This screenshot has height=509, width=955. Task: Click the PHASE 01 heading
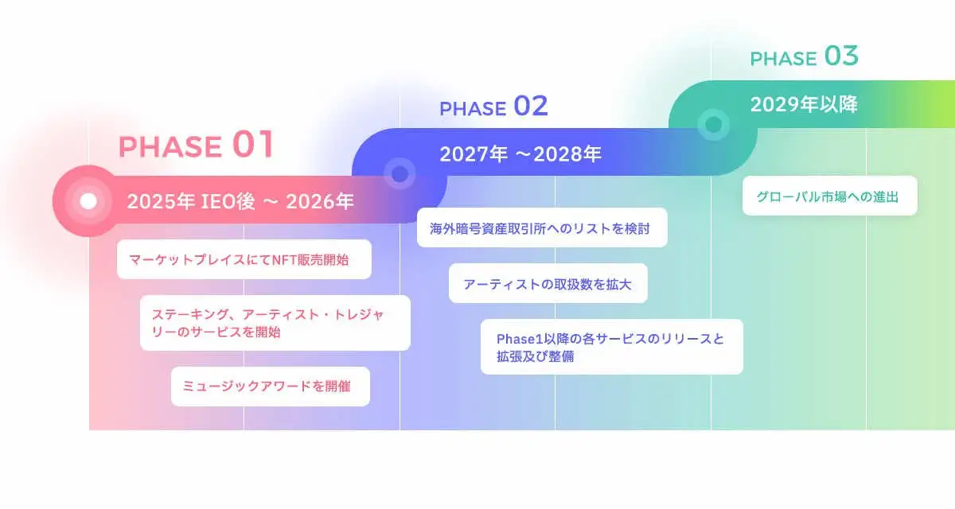pos(196,146)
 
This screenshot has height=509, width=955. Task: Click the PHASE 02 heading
pos(493,107)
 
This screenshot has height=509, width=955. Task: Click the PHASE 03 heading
pos(804,57)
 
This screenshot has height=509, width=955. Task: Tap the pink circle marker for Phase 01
pos(88,201)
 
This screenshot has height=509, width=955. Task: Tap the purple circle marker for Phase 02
pos(399,173)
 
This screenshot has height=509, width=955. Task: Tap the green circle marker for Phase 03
pos(713,124)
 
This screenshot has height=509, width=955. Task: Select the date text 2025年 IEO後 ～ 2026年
pos(240,202)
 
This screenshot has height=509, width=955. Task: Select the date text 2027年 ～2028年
pos(520,154)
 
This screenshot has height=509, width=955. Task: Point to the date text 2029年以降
pos(804,104)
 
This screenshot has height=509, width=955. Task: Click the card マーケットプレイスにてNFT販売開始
pos(244,259)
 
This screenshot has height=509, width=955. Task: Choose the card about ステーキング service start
pos(275,323)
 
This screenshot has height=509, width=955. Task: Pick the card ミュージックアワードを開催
pos(270,387)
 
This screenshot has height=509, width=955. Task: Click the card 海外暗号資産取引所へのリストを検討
pos(541,228)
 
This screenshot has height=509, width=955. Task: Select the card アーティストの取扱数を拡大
pos(548,284)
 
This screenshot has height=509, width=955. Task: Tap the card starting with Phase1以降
pos(611,347)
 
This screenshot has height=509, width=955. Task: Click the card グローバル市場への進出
pos(829,196)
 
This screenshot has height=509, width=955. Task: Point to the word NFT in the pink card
pos(284,259)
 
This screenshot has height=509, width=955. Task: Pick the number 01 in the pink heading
pos(253,145)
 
